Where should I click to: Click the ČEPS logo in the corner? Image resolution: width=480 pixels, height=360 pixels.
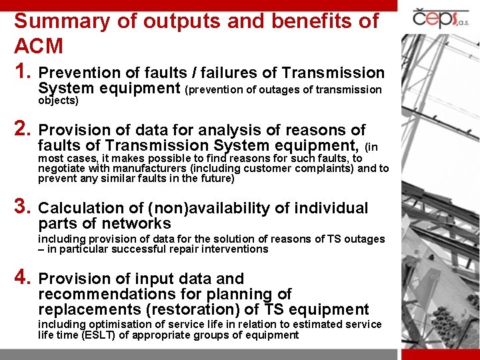[441, 17]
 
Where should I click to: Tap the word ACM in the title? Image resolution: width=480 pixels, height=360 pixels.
[39, 47]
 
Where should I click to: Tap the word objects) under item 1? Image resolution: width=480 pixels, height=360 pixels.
[58, 101]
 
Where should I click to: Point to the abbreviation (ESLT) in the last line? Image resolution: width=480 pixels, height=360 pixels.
[97, 335]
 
